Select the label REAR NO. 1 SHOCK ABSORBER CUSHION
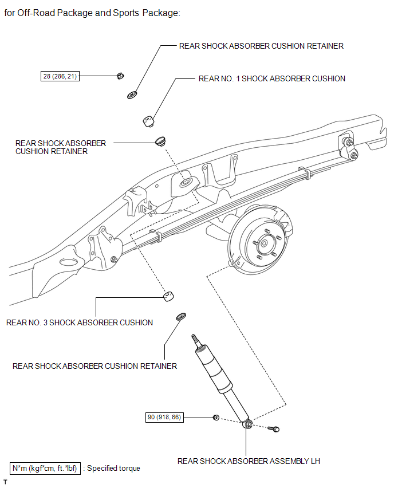point(271,78)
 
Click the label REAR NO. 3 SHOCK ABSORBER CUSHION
point(80,322)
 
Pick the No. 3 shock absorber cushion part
point(167,296)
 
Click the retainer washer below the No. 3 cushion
point(180,316)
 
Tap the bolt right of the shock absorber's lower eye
point(274,428)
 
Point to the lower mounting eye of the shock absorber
point(249,424)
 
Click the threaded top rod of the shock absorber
point(197,340)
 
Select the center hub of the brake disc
point(263,243)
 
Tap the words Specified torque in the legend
point(113,468)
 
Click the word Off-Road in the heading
point(38,13)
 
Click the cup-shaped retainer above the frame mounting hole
point(163,140)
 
